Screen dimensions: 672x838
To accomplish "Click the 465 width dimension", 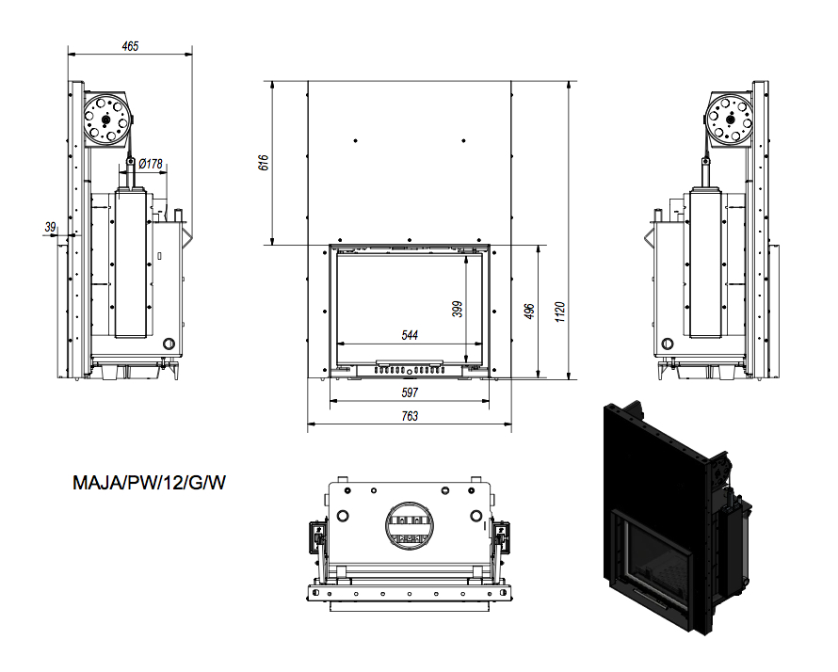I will coord(130,45).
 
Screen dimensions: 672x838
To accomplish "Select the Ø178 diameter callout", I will coord(151,164).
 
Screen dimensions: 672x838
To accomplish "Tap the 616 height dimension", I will coord(264,163).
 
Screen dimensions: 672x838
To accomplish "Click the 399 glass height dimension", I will coord(458,308).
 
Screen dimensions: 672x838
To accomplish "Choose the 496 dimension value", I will coord(529,311).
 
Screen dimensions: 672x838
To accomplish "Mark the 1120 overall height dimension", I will coord(560,311).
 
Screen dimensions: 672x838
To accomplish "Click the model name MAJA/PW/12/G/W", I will coord(150,484).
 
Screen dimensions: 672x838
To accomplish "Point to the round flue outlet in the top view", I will coord(409,524).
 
